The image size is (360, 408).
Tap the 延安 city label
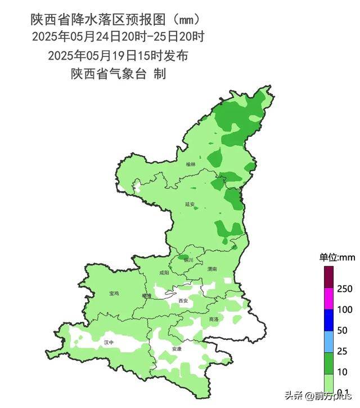click(x=190, y=204)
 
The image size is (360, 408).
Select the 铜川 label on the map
click(x=188, y=260)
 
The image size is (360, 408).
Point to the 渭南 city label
click(x=211, y=270)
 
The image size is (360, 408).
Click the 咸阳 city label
click(x=164, y=272)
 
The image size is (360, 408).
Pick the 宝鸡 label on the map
click(x=114, y=293)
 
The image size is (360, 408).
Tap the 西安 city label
click(x=182, y=301)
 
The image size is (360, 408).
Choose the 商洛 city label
click(x=213, y=319)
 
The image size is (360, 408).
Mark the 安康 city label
click(x=177, y=349)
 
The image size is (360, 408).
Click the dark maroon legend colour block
click(x=328, y=277)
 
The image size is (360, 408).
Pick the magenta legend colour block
click(x=328, y=299)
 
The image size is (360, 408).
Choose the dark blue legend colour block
click(x=328, y=320)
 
